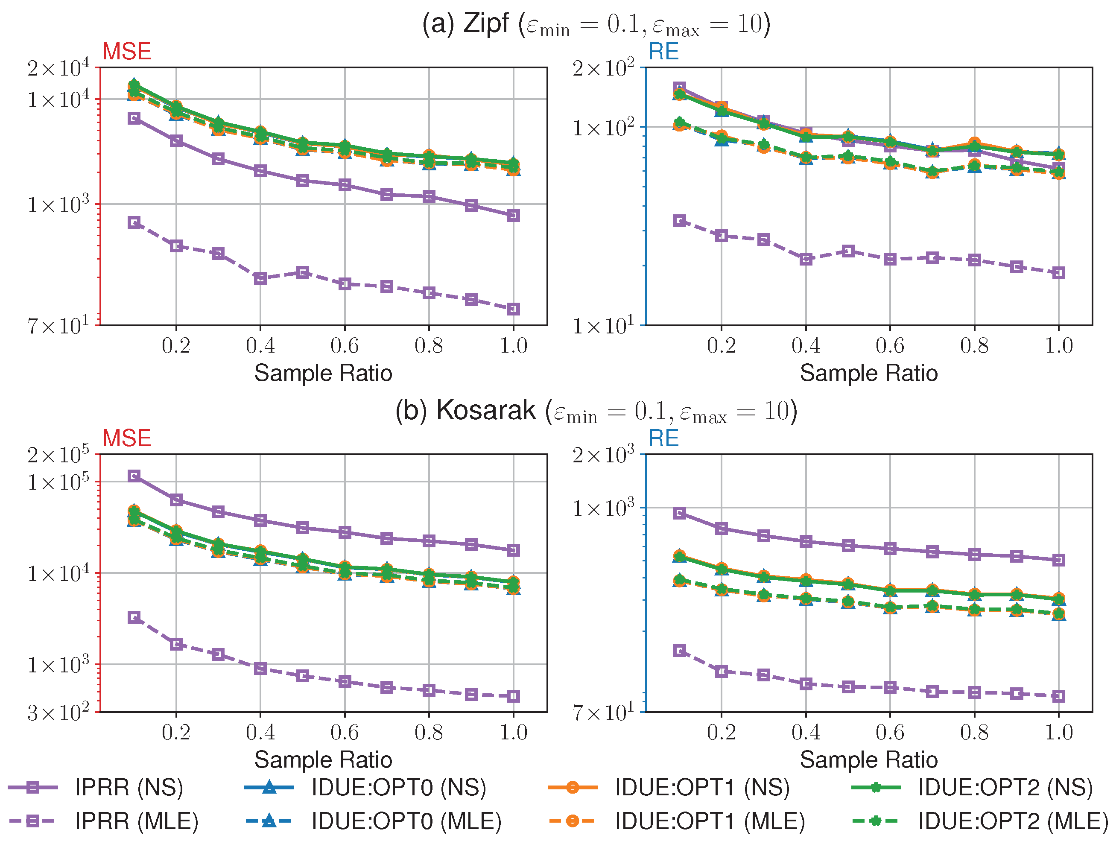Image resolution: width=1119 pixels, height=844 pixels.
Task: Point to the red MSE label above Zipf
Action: [126, 52]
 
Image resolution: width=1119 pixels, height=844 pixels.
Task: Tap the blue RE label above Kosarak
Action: [663, 438]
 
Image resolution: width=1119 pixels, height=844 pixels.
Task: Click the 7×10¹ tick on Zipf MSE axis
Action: [58, 325]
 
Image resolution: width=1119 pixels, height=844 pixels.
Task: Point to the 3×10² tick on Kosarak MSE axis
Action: [58, 712]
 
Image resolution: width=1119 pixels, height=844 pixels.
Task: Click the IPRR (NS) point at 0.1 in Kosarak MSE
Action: [134, 476]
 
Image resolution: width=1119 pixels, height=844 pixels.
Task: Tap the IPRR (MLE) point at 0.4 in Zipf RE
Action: [806, 259]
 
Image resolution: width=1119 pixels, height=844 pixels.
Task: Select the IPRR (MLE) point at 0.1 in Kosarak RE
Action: [680, 650]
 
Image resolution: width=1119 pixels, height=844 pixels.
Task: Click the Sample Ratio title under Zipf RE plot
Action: [868, 374]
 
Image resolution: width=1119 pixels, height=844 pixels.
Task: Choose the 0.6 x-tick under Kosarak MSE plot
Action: [345, 732]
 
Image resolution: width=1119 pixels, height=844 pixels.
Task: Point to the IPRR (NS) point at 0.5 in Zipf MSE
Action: [303, 181]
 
